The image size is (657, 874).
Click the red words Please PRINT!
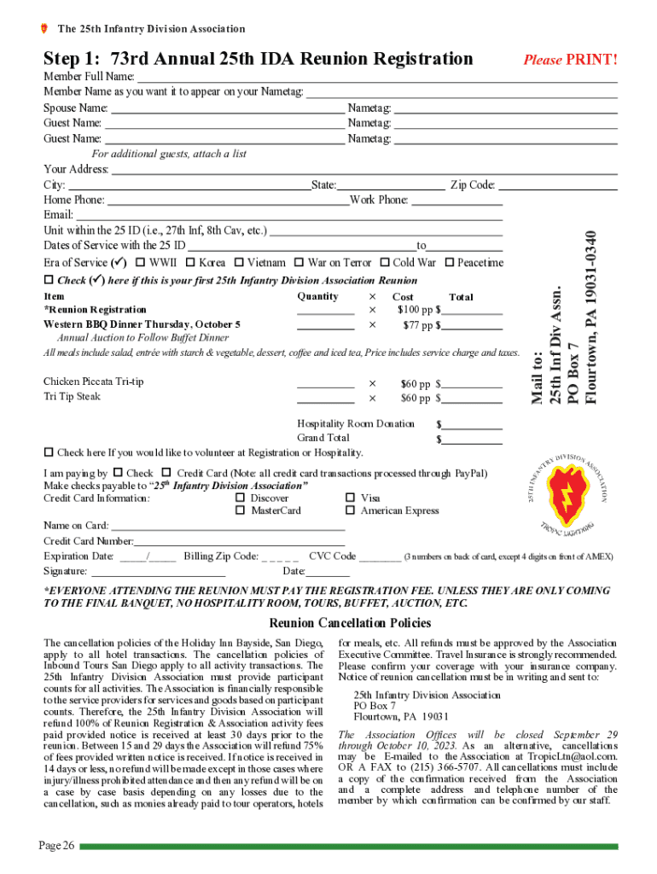click(x=570, y=60)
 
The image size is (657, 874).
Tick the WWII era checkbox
click(x=141, y=263)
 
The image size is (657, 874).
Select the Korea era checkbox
click(x=191, y=263)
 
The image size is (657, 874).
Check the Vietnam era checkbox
click(x=240, y=263)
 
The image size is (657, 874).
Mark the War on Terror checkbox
click(x=299, y=263)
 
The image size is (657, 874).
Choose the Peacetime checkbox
click(x=450, y=263)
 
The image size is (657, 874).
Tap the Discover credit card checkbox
click(x=241, y=498)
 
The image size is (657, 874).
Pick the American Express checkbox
click(x=350, y=510)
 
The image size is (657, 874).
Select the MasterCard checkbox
click(x=241, y=510)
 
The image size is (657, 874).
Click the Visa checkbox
click(x=350, y=498)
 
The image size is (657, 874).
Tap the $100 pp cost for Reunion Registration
click(x=414, y=310)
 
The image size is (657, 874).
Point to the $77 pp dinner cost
click(x=416, y=325)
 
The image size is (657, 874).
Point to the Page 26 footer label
click(x=56, y=845)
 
